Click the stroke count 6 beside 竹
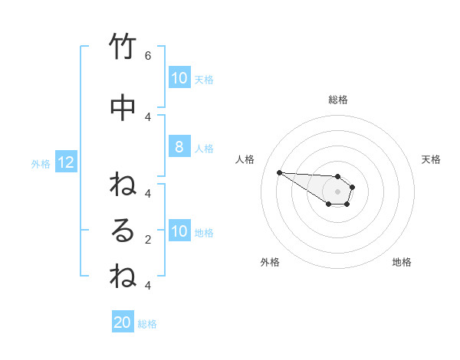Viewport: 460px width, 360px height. point(148,55)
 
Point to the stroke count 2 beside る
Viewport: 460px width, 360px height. point(148,239)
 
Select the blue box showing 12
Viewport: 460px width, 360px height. point(65,162)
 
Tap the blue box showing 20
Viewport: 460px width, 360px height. point(123,322)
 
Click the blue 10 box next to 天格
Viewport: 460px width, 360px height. point(179,77)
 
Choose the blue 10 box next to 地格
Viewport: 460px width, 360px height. point(179,231)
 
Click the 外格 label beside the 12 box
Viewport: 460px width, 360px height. point(41,163)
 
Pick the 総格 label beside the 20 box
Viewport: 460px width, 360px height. point(147,324)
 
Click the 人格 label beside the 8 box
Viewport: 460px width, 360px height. point(204,148)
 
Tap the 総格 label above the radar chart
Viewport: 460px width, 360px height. point(338,100)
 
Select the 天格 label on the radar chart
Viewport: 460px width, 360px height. point(431,159)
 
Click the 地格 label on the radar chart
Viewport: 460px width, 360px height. point(402,262)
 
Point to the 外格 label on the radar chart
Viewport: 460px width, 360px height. point(270,262)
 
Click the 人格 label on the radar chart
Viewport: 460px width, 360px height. point(245,159)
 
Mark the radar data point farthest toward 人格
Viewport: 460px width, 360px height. point(279,172)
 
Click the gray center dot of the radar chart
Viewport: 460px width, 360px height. point(337,191)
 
